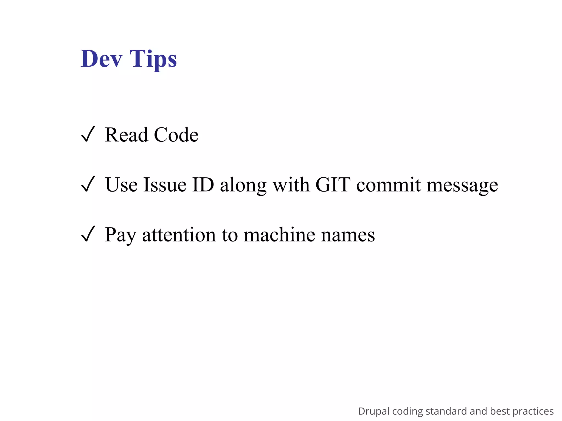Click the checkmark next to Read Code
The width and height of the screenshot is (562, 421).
pyautogui.click(x=88, y=134)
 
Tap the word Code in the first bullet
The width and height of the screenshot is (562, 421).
pyautogui.click(x=176, y=135)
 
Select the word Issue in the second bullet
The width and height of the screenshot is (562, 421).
pyautogui.click(x=165, y=185)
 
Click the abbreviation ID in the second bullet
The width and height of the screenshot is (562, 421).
pyautogui.click(x=203, y=185)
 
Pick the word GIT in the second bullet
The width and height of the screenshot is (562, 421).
pyautogui.click(x=333, y=185)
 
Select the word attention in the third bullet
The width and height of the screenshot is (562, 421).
pyautogui.click(x=179, y=235)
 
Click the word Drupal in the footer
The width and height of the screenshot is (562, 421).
pyautogui.click(x=374, y=411)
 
